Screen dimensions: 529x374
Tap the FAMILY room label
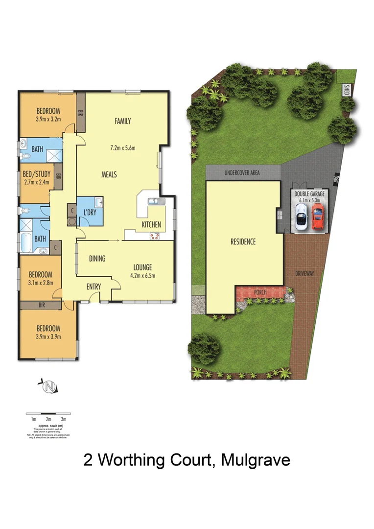pos(122,121)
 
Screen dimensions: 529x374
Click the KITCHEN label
pos(151,224)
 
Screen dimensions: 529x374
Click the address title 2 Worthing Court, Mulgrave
pos(187,460)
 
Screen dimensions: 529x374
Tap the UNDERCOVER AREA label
pos(242,173)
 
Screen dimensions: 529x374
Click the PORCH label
pos(260,293)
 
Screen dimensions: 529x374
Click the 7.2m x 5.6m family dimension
pos(122,148)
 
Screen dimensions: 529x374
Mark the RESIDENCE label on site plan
pos(243,241)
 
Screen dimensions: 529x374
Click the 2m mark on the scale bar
pos(48,419)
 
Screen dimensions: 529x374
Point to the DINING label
pos(97,259)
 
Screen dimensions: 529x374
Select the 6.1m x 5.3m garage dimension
pos(309,200)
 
